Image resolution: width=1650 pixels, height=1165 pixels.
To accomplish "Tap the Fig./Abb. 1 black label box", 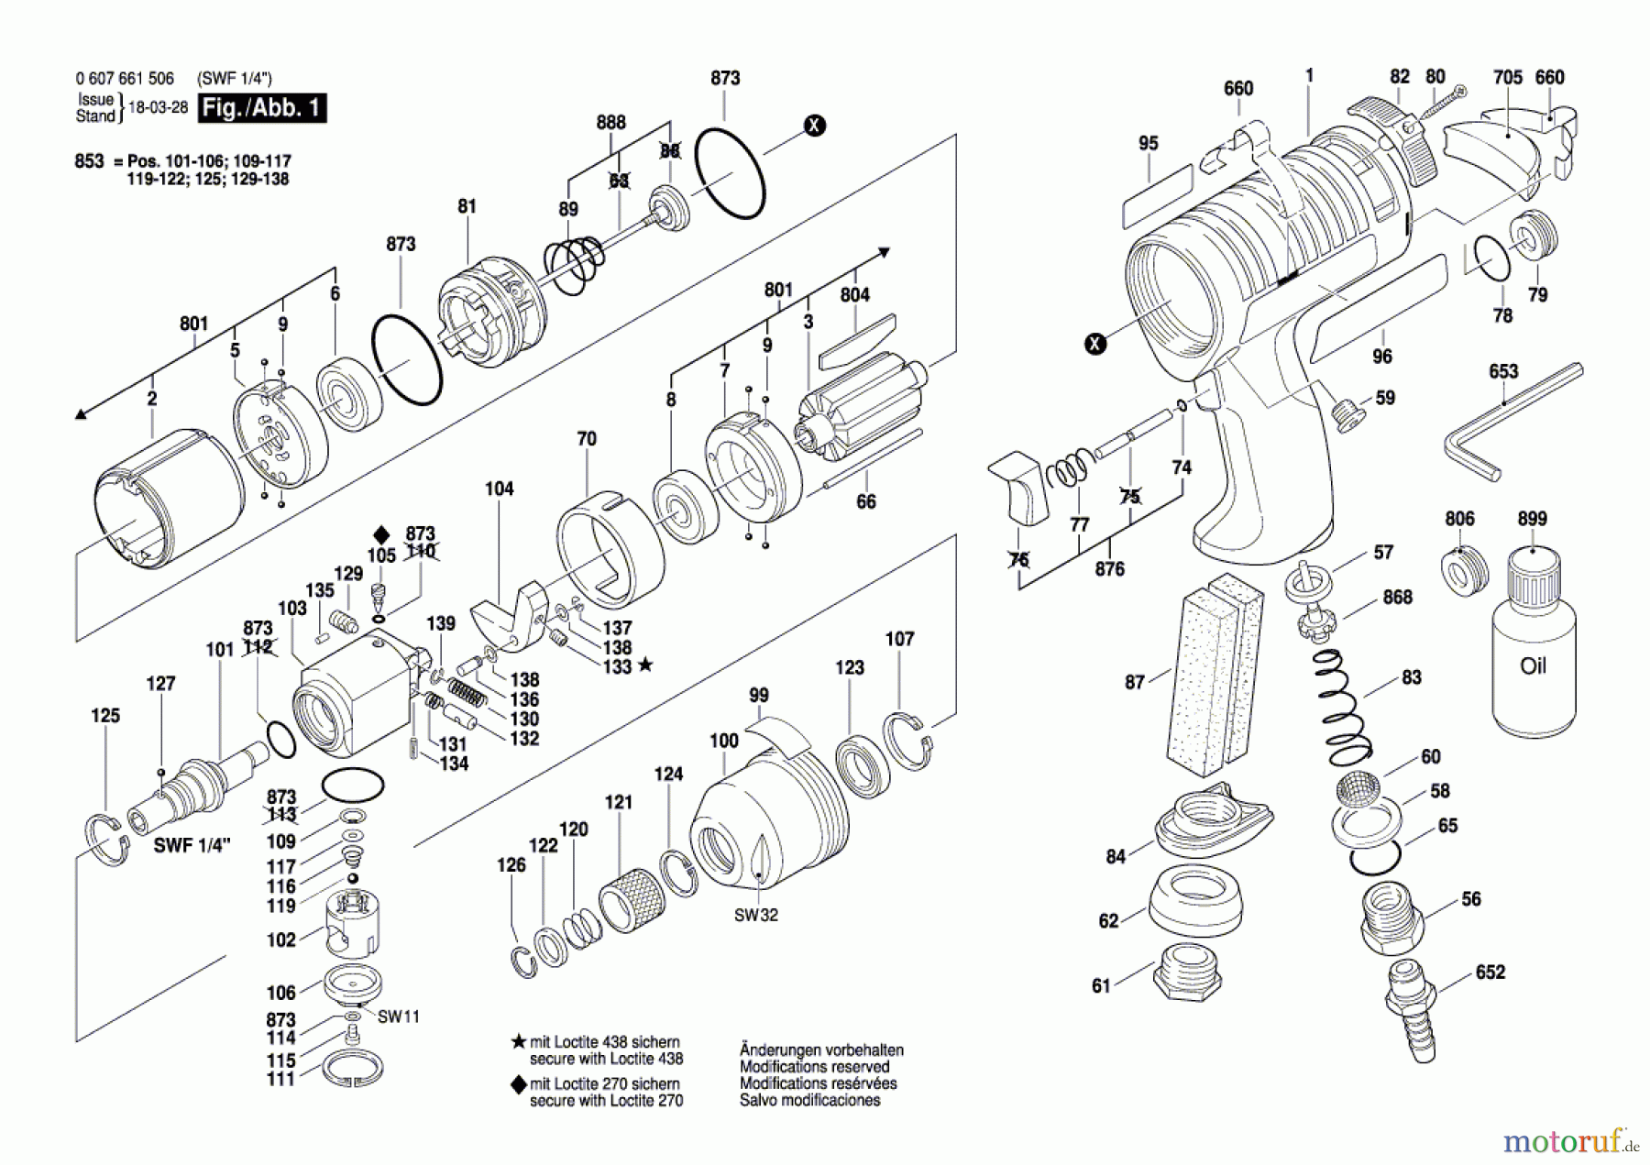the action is (262, 108).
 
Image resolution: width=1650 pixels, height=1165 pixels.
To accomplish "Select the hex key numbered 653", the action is (1512, 423).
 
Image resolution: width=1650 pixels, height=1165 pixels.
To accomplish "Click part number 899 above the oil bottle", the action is (1532, 519).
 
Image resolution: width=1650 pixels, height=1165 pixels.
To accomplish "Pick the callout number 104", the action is (500, 489).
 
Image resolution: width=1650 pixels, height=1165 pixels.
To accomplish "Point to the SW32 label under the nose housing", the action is (756, 915).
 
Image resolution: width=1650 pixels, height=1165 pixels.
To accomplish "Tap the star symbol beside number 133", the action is (645, 665).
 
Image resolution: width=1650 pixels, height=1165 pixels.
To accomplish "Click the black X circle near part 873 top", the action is (814, 126).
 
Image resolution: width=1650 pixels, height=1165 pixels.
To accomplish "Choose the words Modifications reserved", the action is (814, 1067).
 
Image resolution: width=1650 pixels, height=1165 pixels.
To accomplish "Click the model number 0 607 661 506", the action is (125, 79).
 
